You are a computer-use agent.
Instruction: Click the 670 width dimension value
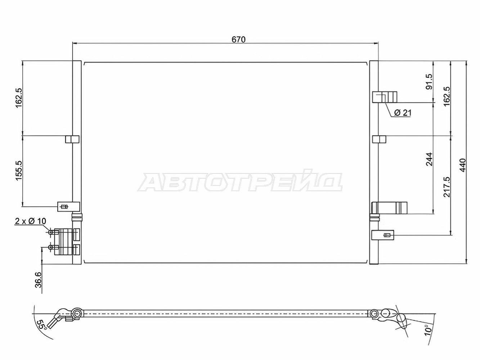[238, 40]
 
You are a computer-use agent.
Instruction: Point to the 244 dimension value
[429, 159]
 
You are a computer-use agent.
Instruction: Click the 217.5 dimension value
[447, 187]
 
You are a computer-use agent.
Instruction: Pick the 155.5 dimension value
[19, 171]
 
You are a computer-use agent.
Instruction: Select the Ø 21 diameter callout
[403, 113]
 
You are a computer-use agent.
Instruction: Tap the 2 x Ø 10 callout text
[30, 221]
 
